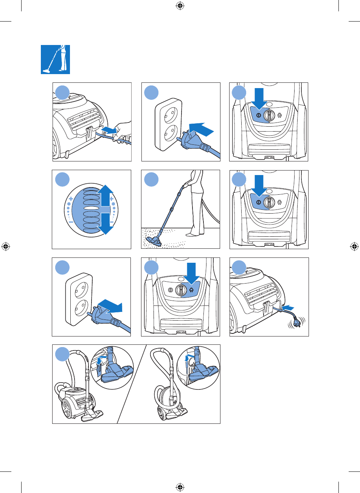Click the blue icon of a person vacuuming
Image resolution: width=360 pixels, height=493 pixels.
coord(56,59)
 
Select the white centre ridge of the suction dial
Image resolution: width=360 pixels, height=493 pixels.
coord(90,209)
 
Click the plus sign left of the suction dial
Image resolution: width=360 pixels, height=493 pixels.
coord(71,198)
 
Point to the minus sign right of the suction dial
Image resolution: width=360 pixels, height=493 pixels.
coord(112,222)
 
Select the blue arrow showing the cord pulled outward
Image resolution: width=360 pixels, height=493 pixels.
coord(106,130)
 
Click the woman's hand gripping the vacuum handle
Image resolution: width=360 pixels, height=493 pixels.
coord(186,185)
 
